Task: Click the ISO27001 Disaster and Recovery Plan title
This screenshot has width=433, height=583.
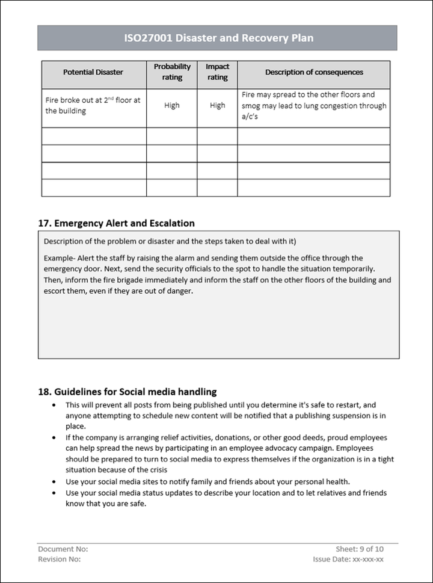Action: pos(217,39)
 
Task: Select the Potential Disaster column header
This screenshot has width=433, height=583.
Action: pos(93,72)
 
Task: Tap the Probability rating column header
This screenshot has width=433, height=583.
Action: pos(172,72)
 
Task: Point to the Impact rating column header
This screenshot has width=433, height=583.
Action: pos(217,72)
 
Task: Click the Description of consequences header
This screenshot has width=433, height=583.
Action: pos(314,72)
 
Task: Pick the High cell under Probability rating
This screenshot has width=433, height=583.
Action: pos(172,105)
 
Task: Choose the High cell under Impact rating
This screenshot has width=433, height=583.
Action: pos(217,105)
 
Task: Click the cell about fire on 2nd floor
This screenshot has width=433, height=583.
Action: pos(93,105)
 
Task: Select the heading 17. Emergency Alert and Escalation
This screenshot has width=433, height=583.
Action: pos(116,223)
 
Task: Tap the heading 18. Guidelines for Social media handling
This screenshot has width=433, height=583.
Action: pos(127,391)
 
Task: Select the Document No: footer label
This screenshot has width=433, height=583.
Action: pos(63,549)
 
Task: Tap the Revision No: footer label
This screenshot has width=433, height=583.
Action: pos(59,560)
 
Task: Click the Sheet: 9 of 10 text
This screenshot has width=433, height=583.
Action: pos(360,549)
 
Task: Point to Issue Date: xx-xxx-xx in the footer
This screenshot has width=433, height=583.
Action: pos(348,560)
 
